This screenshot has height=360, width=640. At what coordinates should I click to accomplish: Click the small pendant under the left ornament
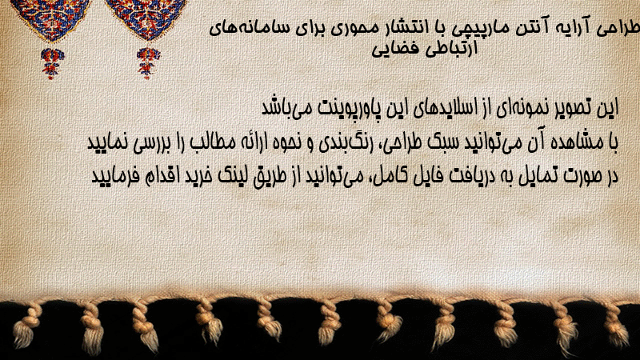[x=52, y=63]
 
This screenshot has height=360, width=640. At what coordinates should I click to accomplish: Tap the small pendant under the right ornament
[x=148, y=62]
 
